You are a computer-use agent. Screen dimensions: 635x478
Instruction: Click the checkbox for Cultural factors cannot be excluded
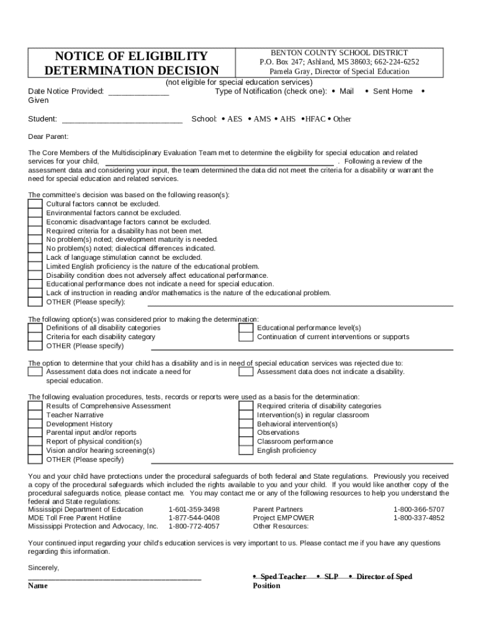[x=35, y=203]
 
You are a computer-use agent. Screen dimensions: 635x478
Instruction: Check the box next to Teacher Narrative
[x=35, y=415]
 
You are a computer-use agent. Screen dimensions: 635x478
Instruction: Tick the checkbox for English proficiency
[x=246, y=450]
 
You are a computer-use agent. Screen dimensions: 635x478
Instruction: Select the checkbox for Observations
[x=246, y=432]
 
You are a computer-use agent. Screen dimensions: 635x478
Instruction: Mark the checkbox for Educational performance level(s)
[x=246, y=327]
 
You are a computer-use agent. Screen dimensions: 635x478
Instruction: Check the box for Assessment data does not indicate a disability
[x=246, y=371]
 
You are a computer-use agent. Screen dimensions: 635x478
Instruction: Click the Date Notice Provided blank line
[x=138, y=92]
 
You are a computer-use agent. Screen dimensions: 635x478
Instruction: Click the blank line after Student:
[x=122, y=120]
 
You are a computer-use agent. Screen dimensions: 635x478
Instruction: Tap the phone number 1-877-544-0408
[x=194, y=518]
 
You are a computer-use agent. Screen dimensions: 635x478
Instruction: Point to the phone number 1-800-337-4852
[x=418, y=518]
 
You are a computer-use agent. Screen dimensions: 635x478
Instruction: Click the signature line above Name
[x=115, y=577]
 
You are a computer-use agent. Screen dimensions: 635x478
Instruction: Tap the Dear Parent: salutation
[x=48, y=137]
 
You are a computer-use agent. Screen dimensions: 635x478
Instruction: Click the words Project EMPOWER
[x=283, y=518]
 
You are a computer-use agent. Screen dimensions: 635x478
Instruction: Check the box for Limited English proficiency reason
[x=35, y=266]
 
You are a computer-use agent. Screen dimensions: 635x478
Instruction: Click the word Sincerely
[x=44, y=567]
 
